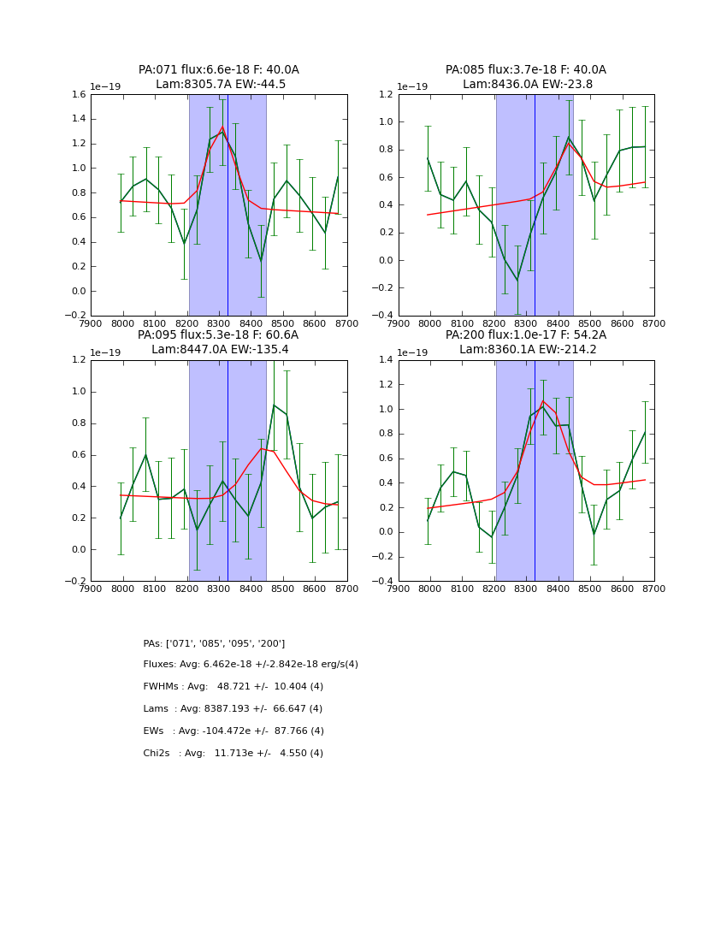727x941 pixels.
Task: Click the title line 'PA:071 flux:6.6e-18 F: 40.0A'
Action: [219, 70]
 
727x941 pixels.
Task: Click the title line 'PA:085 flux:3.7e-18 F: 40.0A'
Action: [526, 70]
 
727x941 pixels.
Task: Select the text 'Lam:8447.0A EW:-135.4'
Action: [219, 350]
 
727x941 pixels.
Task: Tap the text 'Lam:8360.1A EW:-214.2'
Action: [526, 350]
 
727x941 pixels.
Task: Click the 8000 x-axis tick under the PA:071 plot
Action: [123, 323]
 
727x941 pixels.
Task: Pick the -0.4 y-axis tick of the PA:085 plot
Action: [383, 316]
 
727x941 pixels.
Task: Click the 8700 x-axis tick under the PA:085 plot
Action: [654, 323]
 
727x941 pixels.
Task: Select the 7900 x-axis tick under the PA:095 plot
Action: [91, 589]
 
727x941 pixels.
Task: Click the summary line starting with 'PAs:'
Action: [214, 643]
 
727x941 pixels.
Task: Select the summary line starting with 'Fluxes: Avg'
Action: [251, 665]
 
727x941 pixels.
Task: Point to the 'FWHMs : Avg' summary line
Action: [233, 687]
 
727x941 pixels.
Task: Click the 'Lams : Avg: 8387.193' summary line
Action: [233, 709]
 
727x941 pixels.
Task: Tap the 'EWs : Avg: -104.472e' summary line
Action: [233, 731]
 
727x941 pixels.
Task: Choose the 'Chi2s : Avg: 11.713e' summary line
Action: [233, 754]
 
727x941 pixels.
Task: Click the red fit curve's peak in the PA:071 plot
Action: [222, 127]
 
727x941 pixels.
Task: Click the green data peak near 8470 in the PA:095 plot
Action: [274, 405]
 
